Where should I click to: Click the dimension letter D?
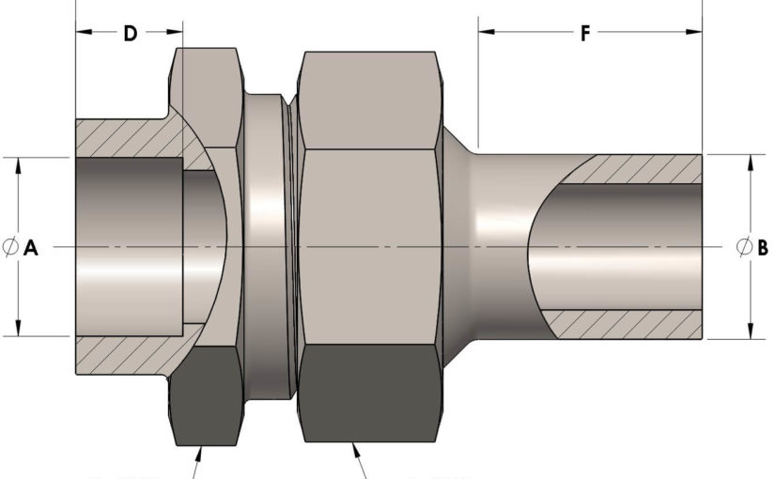[130, 33]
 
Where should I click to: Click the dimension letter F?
[585, 33]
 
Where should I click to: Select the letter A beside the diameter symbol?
[31, 247]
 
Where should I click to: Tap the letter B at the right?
[763, 247]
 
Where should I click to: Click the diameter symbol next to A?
[10, 247]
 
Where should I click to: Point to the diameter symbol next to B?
[744, 247]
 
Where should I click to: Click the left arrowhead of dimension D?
[84, 32]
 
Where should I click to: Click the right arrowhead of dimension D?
[175, 32]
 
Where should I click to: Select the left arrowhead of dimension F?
[487, 32]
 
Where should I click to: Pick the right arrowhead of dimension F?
[694, 32]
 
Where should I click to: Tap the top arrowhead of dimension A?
[18, 166]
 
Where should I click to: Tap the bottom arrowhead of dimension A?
[18, 328]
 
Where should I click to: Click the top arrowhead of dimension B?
[751, 163]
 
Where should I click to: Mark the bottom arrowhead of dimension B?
[751, 331]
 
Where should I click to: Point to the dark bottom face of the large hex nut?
[370, 393]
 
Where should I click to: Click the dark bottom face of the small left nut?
[207, 395]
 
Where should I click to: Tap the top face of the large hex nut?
[370, 100]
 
